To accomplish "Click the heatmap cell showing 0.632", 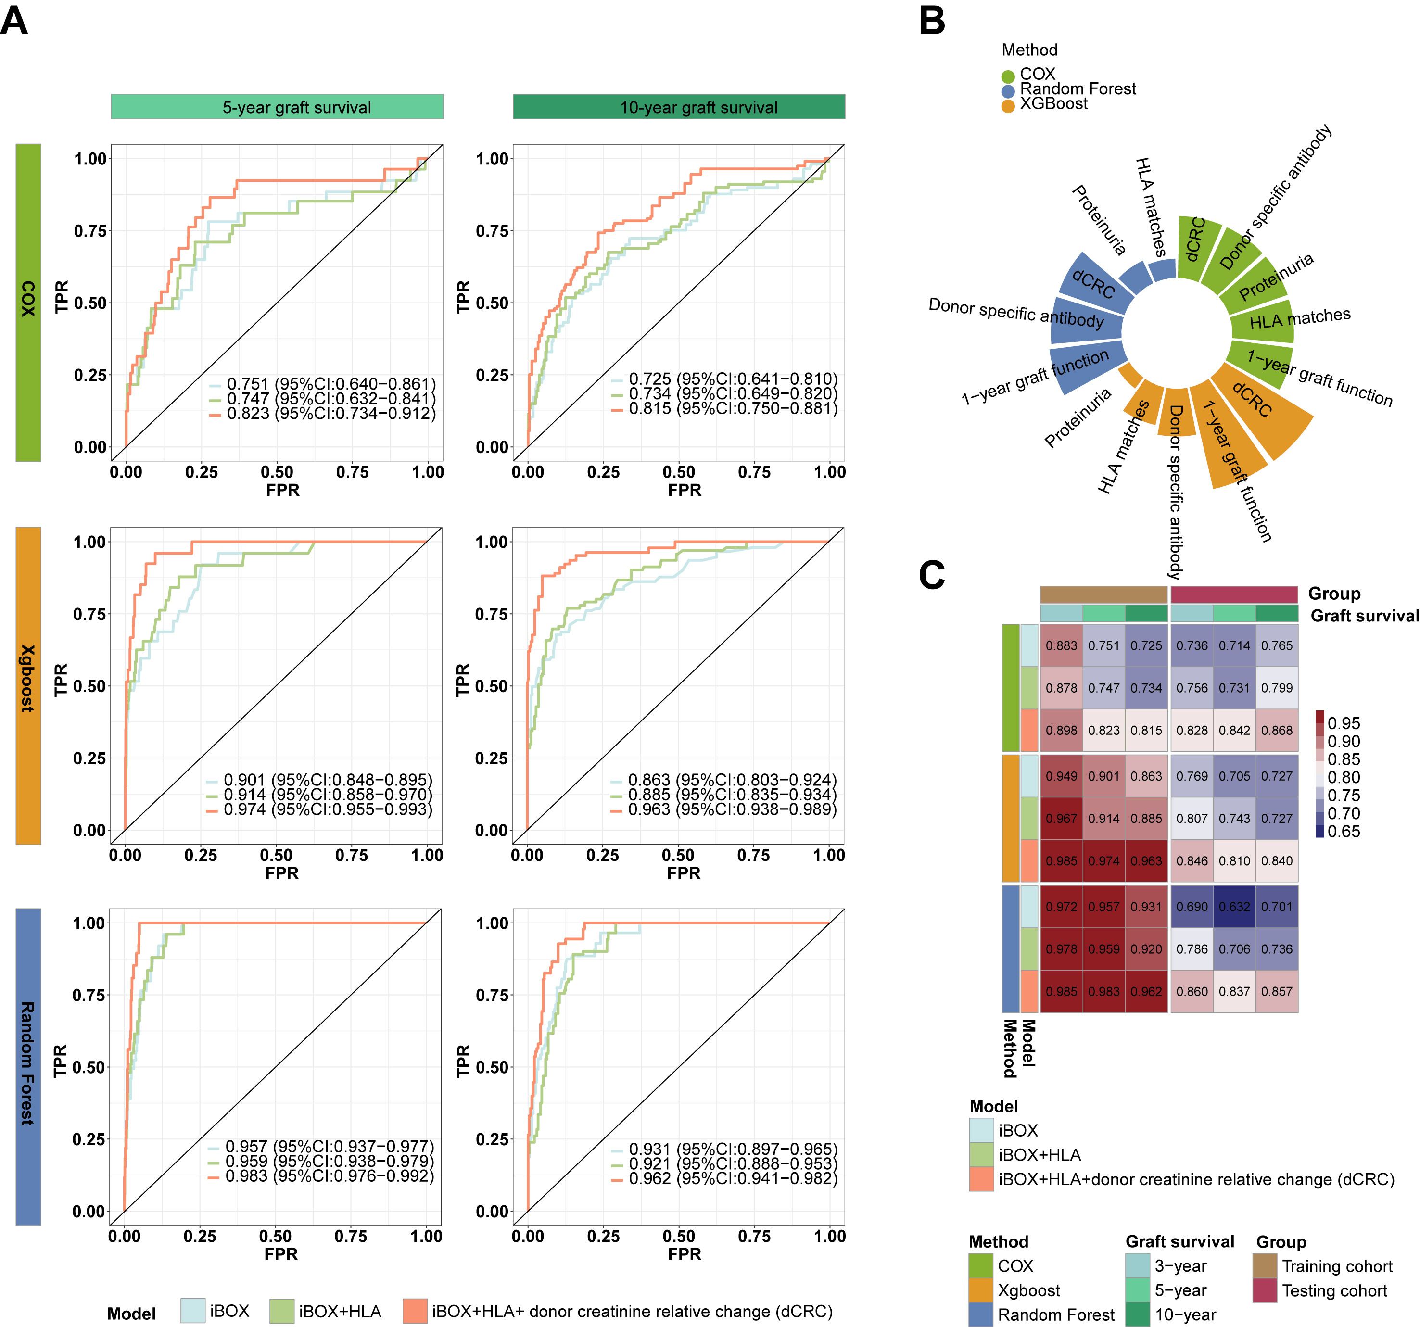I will [x=1234, y=906].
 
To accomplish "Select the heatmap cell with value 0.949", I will [x=1062, y=776].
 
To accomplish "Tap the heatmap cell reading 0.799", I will [x=1277, y=688].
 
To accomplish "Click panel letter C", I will [x=932, y=575].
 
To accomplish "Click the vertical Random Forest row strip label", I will [x=28, y=1066].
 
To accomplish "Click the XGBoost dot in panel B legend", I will [x=1008, y=106].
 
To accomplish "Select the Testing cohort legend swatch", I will [x=1264, y=1290].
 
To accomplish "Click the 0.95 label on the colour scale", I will [x=1344, y=723].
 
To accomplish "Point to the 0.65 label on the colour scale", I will [x=1344, y=831].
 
